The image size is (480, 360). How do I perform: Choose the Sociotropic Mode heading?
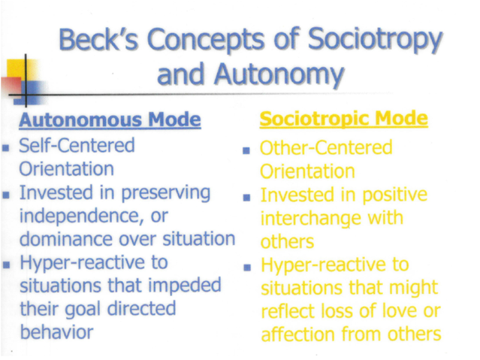[x=344, y=119]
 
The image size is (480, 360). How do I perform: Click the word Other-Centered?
[x=325, y=148]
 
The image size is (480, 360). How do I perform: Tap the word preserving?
[x=167, y=193]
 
